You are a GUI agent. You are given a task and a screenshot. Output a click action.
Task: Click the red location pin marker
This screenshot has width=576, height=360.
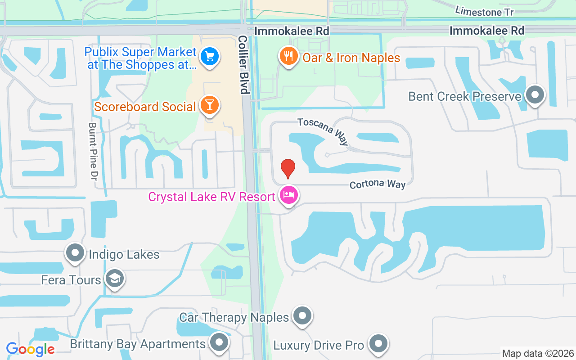point(288,168)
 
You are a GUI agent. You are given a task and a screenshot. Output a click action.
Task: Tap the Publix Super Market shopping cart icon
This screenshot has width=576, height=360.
point(209,57)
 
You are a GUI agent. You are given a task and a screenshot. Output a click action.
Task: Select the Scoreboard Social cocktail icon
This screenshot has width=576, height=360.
point(209,105)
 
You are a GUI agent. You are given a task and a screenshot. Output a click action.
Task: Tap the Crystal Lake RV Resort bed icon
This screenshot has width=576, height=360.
point(288,195)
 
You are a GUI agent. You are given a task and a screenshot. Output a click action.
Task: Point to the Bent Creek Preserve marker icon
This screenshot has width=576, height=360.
point(535,95)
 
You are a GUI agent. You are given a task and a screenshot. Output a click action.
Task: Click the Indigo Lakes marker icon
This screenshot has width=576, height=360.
point(75,253)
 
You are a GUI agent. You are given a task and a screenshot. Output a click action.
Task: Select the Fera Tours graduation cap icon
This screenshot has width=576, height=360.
point(115,279)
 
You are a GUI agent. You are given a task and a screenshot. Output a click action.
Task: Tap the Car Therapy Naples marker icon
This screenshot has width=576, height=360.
point(302,316)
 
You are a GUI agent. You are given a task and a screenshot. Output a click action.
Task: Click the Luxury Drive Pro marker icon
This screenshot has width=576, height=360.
point(378,344)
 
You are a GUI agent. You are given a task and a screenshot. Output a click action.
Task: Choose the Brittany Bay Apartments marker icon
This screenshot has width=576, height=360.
point(219,343)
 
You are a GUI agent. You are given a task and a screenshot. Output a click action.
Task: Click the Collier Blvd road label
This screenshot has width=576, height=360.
point(243,65)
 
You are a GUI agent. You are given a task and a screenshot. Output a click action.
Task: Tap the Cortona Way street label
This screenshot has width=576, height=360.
point(378,184)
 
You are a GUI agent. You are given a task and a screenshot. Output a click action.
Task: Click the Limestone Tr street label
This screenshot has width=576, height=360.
point(484,11)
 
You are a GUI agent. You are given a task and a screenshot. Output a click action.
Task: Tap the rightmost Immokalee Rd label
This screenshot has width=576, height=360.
point(487,31)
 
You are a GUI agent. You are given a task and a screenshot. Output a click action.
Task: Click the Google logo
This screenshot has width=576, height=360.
point(30,349)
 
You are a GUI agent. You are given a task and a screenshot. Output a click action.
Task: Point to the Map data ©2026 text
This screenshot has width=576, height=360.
point(538,353)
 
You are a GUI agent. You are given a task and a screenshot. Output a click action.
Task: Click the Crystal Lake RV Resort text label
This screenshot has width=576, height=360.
point(211,197)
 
